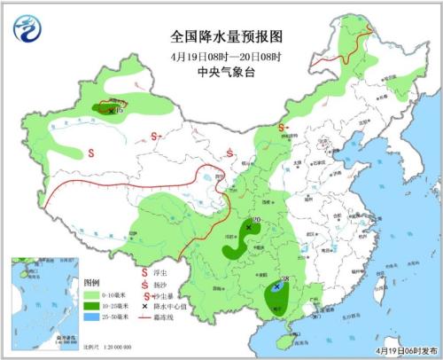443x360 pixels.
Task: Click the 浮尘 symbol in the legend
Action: [144, 273]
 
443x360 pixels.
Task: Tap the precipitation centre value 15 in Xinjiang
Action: [120, 110]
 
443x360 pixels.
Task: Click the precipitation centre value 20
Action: [256, 220]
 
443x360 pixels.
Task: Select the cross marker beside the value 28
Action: [277, 287]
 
